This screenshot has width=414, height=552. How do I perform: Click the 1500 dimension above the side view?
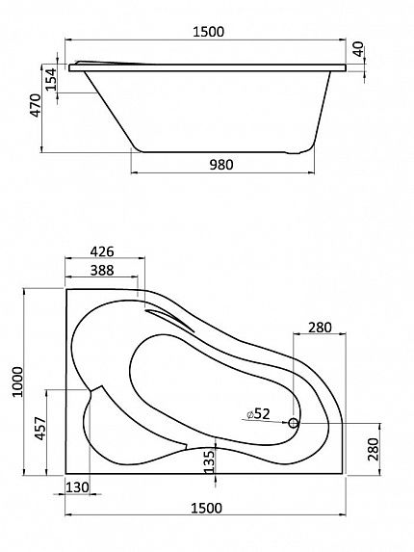[208, 32]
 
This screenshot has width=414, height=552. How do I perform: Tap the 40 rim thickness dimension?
[358, 49]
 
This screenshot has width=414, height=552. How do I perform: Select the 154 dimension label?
[51, 79]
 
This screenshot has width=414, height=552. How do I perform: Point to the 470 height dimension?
[36, 105]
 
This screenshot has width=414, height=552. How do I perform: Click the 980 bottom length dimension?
[221, 165]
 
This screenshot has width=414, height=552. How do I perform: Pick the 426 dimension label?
[102, 251]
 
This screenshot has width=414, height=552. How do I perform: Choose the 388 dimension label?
[102, 270]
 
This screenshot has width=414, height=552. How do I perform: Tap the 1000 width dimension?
[17, 381]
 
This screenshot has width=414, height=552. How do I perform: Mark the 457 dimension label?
[40, 429]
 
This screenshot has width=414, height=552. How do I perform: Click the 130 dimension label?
[77, 487]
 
